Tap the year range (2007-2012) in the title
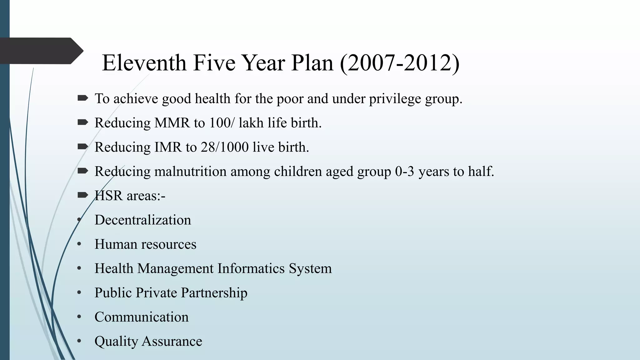pyautogui.click(x=399, y=63)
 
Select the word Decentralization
pyautogui.click(x=142, y=220)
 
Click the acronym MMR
pyautogui.click(x=172, y=123)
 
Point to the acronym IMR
pyautogui.click(x=168, y=147)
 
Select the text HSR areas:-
pyautogui.click(x=130, y=196)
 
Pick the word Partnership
pyautogui.click(x=214, y=293)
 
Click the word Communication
pyautogui.click(x=142, y=317)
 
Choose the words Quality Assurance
pyautogui.click(x=148, y=341)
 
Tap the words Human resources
pyautogui.click(x=145, y=244)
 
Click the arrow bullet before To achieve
pyautogui.click(x=83, y=98)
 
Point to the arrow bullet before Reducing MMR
pyautogui.click(x=83, y=122)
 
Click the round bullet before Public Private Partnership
pyautogui.click(x=79, y=293)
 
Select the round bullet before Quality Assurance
pyautogui.click(x=79, y=341)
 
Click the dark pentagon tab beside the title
pyautogui.click(x=41, y=51)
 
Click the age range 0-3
pyautogui.click(x=404, y=172)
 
